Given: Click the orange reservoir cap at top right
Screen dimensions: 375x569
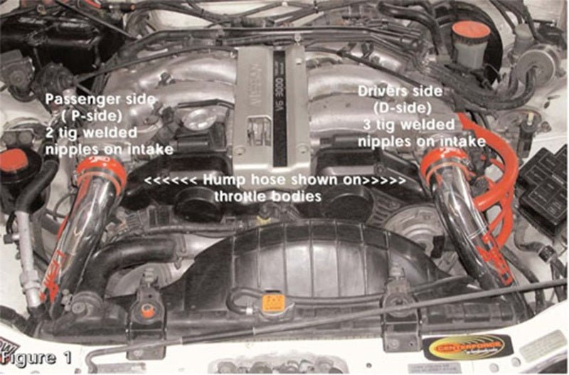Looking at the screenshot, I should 470,32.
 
